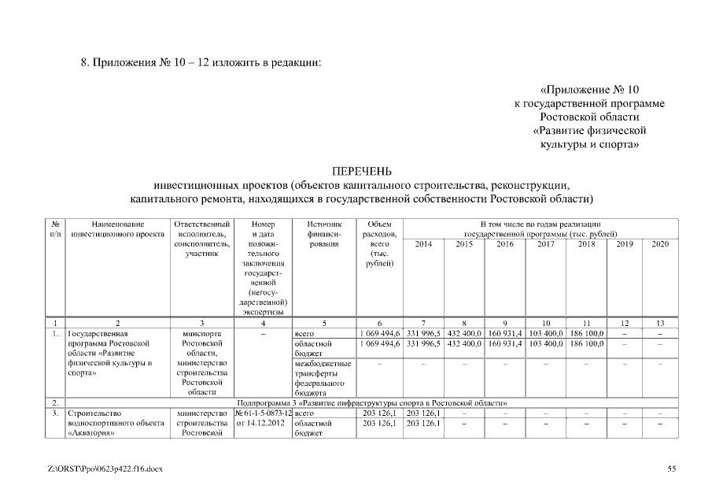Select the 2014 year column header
pyautogui.click(x=423, y=245)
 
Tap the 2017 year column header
pyautogui.click(x=545, y=245)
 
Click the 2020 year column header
pyautogui.click(x=660, y=245)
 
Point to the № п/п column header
pyautogui.click(x=57, y=229)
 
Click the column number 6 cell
pyautogui.click(x=380, y=323)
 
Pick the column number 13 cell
pyautogui.click(x=660, y=323)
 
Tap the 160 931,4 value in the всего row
pyautogui.click(x=504, y=334)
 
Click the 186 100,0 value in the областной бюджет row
pyautogui.click(x=586, y=344)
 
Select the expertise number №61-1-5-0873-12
pyautogui.click(x=263, y=413)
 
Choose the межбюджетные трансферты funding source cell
pyautogui.click(x=323, y=377)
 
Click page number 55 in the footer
pyautogui.click(x=672, y=469)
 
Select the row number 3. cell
pyautogui.click(x=57, y=413)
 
